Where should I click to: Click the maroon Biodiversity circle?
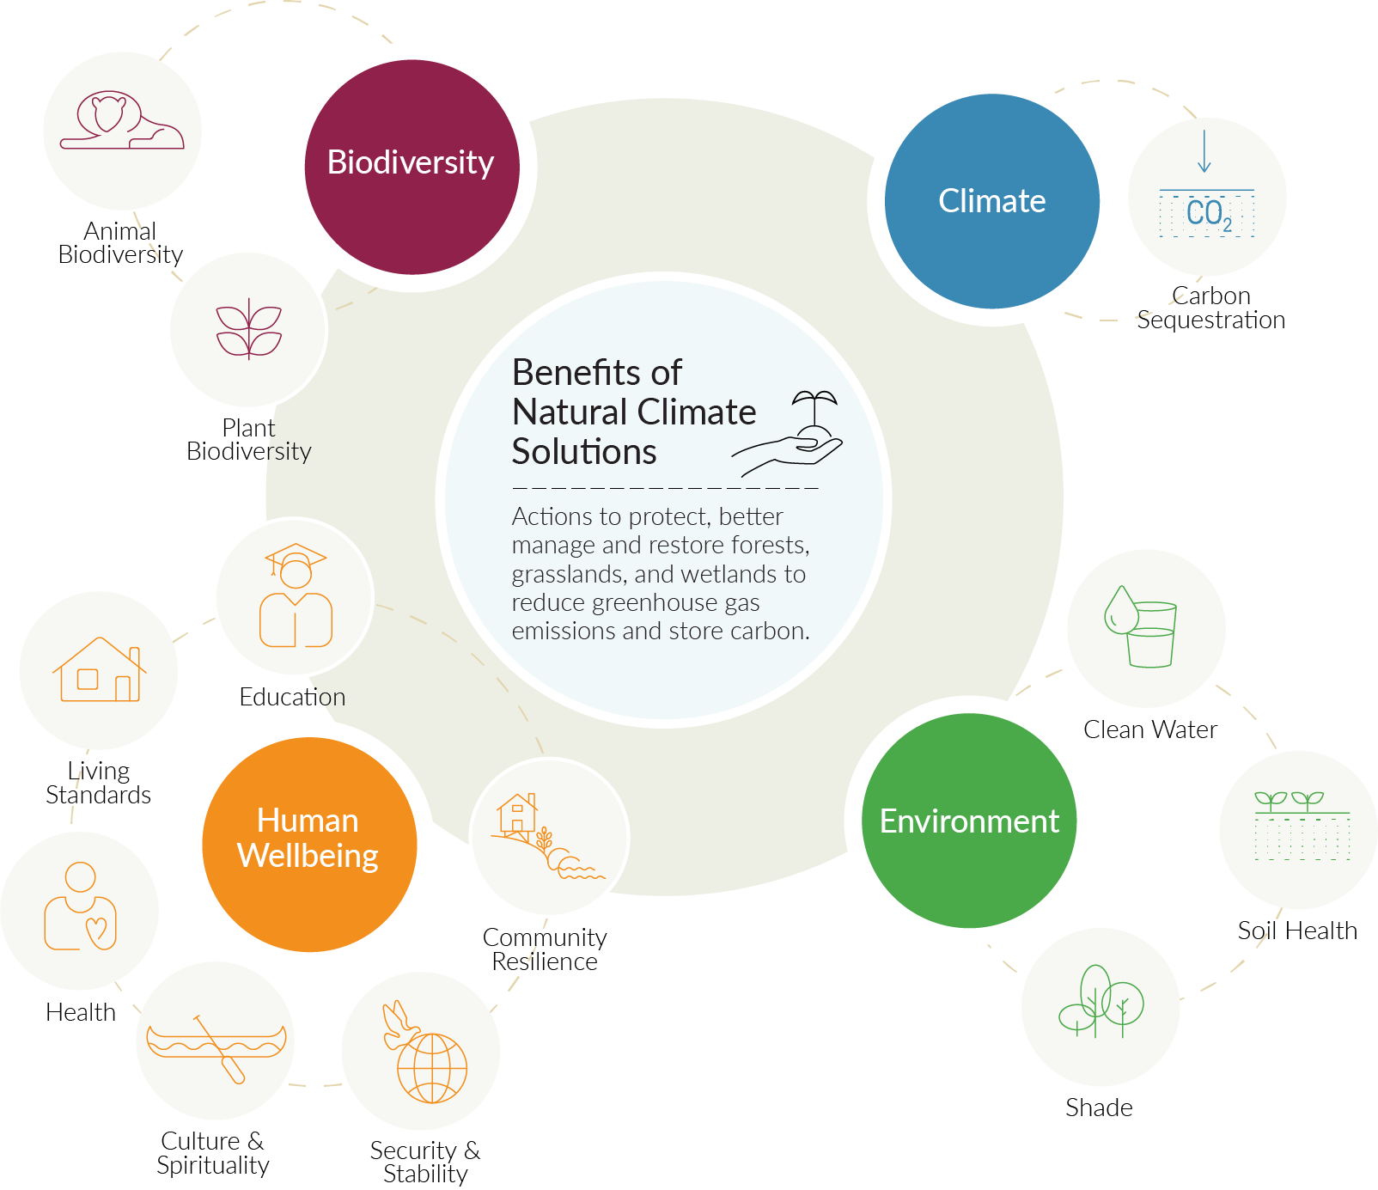(412, 167)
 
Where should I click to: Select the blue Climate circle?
(992, 201)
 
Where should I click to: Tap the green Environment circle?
(969, 821)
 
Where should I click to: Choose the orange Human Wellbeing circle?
(309, 845)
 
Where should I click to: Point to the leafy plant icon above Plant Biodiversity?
(249, 328)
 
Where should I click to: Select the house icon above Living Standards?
(100, 669)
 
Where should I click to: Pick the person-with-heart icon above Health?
(80, 906)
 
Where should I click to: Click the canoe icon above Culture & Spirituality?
(216, 1046)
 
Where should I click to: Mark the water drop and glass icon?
(1140, 626)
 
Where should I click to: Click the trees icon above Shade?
(1101, 1002)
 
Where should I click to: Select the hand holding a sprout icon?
(788, 434)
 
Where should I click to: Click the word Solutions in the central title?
(584, 452)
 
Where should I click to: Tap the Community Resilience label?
(545, 949)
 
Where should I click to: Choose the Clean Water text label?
(1150, 729)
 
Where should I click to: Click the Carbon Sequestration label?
(1211, 308)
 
